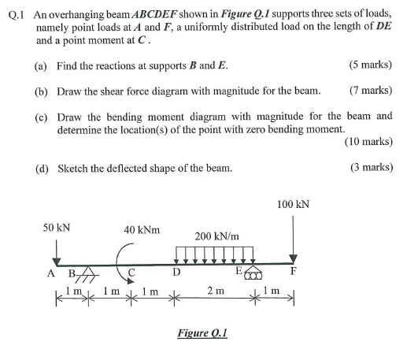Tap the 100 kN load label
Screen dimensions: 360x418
pos(293,204)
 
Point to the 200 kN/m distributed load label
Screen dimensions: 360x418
pos(216,236)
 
